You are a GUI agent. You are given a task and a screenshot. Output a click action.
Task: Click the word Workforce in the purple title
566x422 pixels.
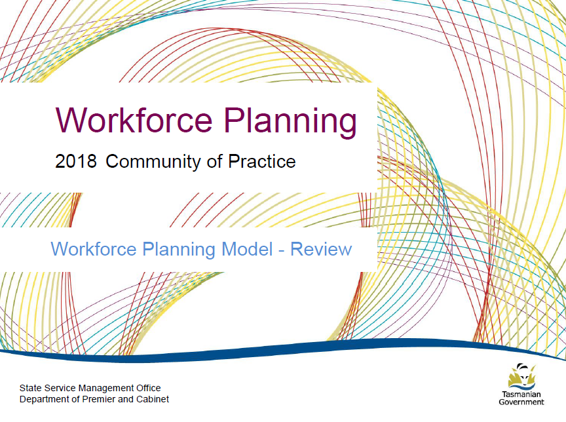134,120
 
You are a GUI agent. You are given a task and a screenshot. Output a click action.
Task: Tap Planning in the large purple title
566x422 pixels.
288,121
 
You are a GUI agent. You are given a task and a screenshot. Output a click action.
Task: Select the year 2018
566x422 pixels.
76,161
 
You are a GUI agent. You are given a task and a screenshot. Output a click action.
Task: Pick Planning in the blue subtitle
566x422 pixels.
179,250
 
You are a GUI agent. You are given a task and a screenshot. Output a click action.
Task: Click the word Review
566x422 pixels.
321,250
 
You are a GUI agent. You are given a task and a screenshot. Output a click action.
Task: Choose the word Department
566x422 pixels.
43,399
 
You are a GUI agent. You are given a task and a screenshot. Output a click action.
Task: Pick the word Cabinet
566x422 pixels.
151,399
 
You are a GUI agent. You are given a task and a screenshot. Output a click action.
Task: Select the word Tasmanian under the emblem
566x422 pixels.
521,394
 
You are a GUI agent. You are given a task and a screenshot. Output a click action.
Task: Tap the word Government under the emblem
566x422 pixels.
521,402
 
